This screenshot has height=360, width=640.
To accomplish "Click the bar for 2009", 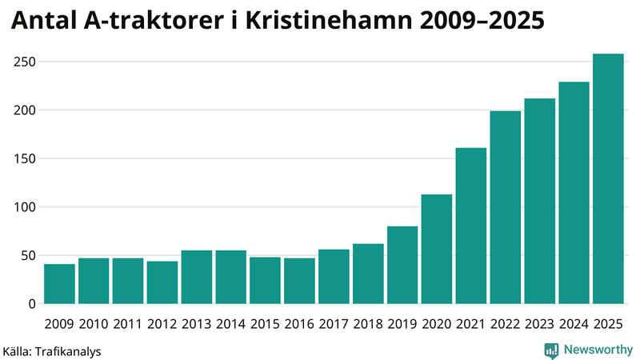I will click(x=59, y=284).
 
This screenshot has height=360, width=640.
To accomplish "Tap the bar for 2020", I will click(x=437, y=249).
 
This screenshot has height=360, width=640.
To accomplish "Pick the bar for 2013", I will click(x=196, y=278).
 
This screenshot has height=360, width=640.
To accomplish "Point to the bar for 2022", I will click(x=506, y=207).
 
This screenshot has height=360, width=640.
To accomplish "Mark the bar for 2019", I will click(x=402, y=265).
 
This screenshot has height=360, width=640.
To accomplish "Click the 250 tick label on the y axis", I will click(x=25, y=62).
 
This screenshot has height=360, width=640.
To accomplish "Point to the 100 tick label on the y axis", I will click(x=25, y=207).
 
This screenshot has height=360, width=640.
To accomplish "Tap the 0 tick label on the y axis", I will click(x=32, y=304).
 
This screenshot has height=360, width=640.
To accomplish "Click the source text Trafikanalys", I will click(x=65, y=350).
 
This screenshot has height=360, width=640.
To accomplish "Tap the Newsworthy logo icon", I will click(x=551, y=350).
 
